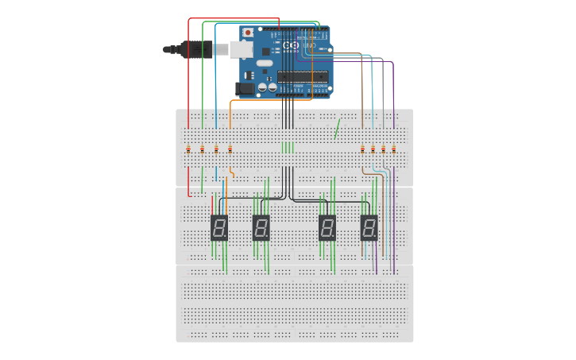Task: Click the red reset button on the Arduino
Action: click(x=248, y=33)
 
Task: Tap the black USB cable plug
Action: click(x=195, y=49)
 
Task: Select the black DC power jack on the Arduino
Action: click(x=245, y=88)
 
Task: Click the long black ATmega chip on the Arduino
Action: click(x=302, y=76)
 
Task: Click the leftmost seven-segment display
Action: click(x=219, y=228)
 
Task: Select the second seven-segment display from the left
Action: click(x=261, y=228)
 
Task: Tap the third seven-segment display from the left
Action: click(x=327, y=228)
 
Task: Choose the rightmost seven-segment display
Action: click(x=369, y=228)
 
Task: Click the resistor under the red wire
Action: click(x=188, y=149)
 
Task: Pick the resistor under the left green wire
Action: click(x=202, y=149)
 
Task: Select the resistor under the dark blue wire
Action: click(x=216, y=149)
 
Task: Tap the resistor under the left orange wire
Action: click(x=230, y=149)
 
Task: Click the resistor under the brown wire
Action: click(x=362, y=149)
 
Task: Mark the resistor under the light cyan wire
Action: click(x=373, y=149)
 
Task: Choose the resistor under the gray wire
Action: click(x=383, y=149)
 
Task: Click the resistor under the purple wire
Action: click(x=393, y=149)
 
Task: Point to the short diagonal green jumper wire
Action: click(x=337, y=129)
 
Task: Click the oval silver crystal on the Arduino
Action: click(x=264, y=63)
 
